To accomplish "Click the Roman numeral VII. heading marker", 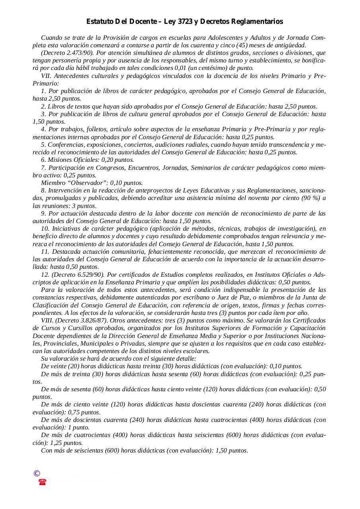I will (46, 76).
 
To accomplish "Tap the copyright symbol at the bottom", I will (37, 473).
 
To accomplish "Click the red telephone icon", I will (42, 482).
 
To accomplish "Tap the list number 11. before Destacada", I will (45, 252).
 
